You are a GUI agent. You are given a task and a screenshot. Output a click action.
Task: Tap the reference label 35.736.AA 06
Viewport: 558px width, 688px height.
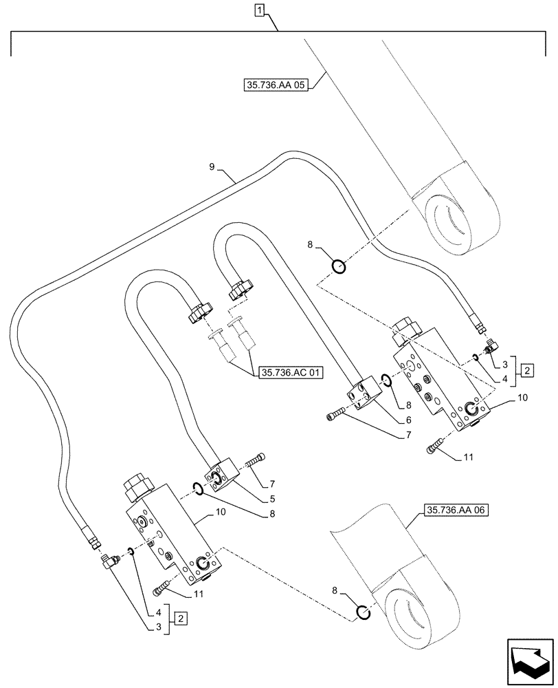454,510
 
